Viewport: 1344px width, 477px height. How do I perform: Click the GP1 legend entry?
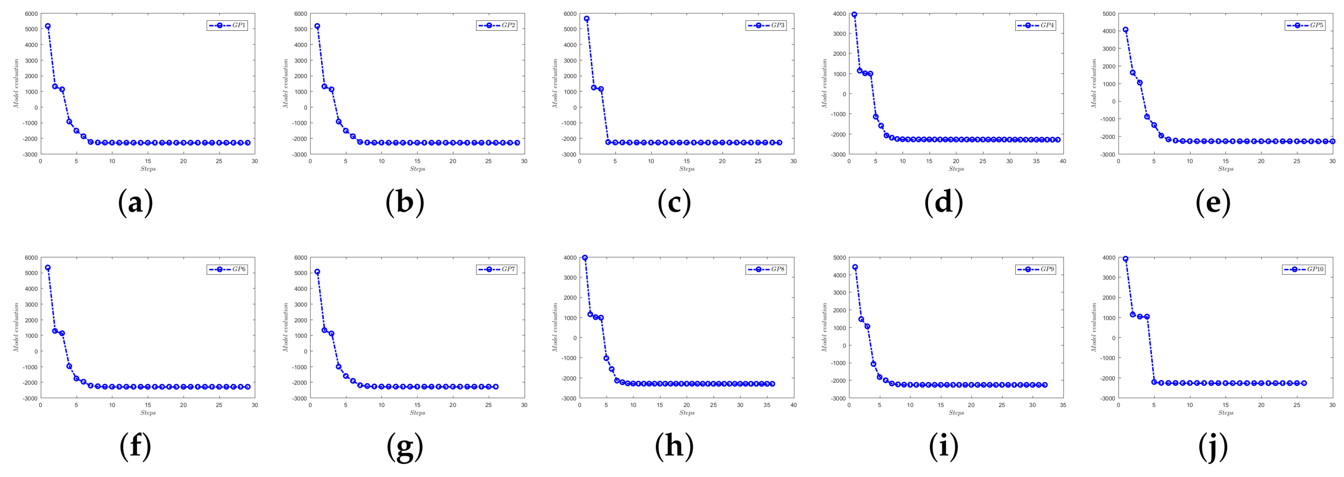point(227,25)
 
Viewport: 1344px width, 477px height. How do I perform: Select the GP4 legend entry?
point(1036,25)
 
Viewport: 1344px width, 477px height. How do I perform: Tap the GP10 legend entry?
point(1304,269)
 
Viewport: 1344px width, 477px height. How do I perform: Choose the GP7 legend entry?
point(497,269)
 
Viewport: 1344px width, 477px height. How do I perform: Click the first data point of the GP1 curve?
point(48,26)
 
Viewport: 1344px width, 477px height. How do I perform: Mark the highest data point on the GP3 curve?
point(586,19)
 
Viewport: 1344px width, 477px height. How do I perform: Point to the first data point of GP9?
point(855,267)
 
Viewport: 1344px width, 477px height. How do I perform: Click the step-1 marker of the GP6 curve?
point(48,267)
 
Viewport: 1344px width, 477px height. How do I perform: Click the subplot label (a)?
point(136,202)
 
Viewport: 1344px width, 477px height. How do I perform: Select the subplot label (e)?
point(1213,202)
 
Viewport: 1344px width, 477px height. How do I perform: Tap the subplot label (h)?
point(674,446)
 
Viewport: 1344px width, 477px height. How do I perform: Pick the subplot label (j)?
point(1213,446)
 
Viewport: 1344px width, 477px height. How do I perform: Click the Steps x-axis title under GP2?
point(417,169)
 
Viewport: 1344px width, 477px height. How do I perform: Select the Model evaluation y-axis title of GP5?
point(1094,83)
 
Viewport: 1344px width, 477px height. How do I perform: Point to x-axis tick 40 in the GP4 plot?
point(1063,161)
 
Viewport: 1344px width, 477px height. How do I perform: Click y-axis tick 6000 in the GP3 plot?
point(570,13)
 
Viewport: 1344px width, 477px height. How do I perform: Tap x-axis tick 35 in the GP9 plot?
point(1063,405)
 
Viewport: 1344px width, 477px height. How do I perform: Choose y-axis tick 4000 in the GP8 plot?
point(570,258)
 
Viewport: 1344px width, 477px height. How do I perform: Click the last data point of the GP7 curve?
point(496,387)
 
